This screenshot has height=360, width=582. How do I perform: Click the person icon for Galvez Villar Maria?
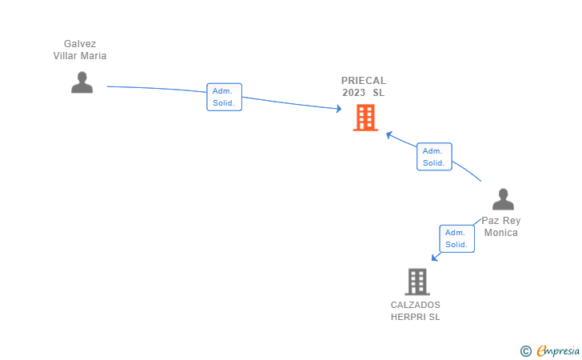coord(82,82)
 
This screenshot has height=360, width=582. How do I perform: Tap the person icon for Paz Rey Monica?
coord(503,199)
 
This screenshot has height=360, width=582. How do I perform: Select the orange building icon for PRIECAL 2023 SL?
coord(365,118)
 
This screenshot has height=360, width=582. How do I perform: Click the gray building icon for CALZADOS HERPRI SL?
coord(417,282)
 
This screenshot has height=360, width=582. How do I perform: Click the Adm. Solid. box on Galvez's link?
coord(224,97)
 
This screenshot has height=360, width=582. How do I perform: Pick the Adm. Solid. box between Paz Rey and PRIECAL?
coord(434,157)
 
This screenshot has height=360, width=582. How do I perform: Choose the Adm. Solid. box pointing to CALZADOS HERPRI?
coord(456,238)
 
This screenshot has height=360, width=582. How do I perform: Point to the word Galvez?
coord(80,44)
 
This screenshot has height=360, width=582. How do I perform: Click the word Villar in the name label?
coord(67,56)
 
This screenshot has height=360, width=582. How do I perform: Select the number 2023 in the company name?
coord(353,93)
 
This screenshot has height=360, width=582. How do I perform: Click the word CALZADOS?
coord(415,305)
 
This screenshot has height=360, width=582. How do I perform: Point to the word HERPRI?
coord(408,317)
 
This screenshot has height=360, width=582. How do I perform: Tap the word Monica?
coord(500,233)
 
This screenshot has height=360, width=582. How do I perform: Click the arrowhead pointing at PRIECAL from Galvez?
coord(338,109)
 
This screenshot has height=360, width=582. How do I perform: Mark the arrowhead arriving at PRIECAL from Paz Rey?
coord(389,134)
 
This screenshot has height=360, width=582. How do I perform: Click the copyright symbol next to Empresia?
coord(525,350)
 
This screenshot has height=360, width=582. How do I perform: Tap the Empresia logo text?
coord(558,350)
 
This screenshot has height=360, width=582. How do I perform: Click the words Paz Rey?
coord(500,221)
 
